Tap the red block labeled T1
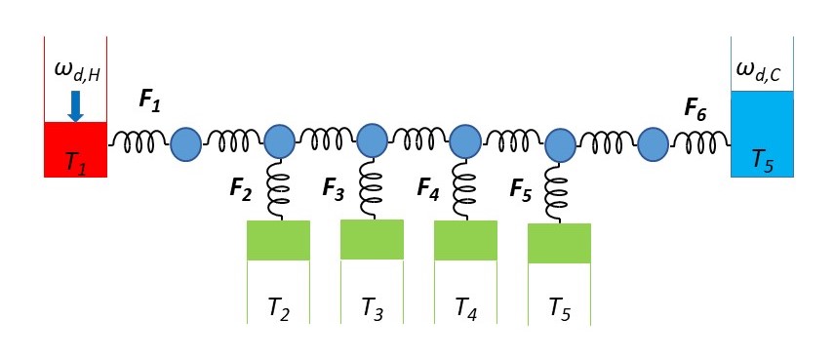point(75,149)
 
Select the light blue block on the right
point(762,134)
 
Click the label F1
point(151,100)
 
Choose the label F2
point(241,187)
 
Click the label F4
point(428,187)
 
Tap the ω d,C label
point(762,70)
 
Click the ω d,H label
point(76,71)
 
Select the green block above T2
point(278,240)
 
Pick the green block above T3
point(372,239)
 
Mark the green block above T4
point(465,240)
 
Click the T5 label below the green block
point(559,309)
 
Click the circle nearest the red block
point(185,144)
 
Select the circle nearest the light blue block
point(652,144)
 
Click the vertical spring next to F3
point(371,188)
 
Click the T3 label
point(372,309)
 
